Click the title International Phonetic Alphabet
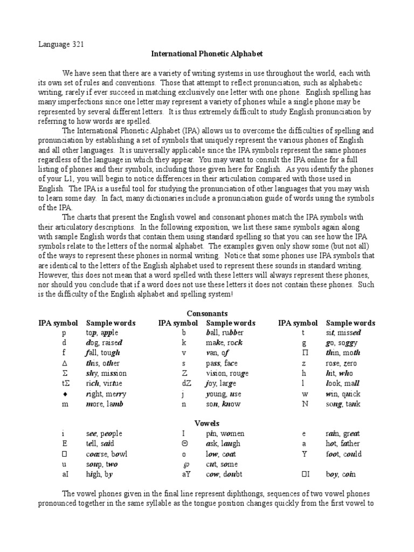(207, 54)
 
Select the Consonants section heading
(207, 313)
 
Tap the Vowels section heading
(207, 423)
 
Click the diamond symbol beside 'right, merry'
(63, 393)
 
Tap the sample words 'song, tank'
(343, 403)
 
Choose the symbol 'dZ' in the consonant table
(183, 383)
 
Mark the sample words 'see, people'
(104, 433)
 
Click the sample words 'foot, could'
(343, 454)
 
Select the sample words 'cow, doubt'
(224, 474)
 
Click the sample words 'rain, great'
(342, 433)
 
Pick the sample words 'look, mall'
(342, 383)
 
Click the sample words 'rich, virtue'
(104, 383)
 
